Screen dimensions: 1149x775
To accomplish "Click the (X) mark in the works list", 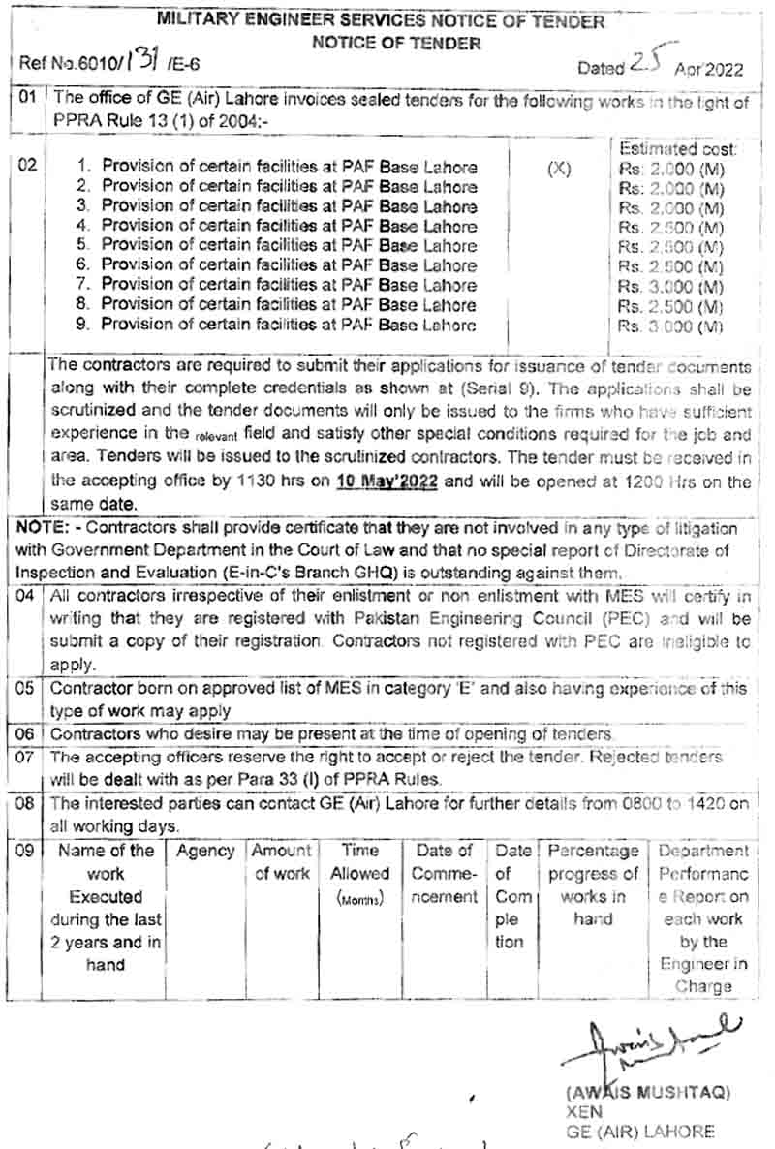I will coord(559,168).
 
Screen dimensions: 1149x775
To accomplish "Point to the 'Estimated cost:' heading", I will coord(678,149).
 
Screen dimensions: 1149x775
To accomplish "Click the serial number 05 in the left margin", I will coord(26,689).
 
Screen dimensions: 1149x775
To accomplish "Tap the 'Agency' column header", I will coord(205,851).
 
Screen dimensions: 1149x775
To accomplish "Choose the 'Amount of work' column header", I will coord(281,862).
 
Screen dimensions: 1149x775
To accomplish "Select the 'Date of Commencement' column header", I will coord(444,874).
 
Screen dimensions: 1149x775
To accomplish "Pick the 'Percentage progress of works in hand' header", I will coord(593,885).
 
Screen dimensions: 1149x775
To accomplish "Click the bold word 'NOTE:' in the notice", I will coord(42,529).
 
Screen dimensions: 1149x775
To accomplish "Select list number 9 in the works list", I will coord(83,325).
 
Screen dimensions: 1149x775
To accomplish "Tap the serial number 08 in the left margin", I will coord(26,803).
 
